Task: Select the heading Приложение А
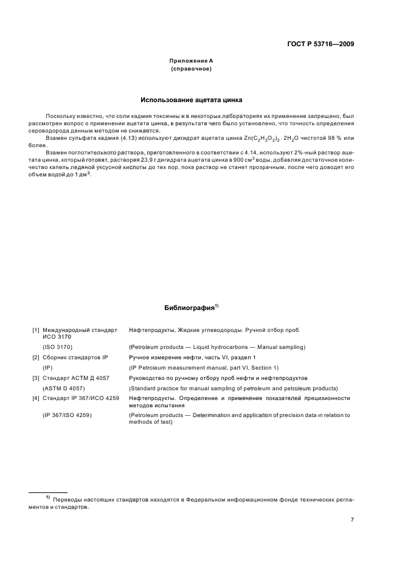click(x=191, y=61)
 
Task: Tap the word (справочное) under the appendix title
click(x=191, y=69)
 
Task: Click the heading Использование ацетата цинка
click(x=192, y=100)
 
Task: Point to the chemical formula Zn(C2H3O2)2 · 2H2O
click(x=277, y=139)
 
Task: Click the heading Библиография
click(x=190, y=308)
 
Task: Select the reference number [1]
click(x=36, y=330)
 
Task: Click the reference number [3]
click(x=36, y=378)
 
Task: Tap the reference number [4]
click(x=36, y=398)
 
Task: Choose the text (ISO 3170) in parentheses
click(x=57, y=347)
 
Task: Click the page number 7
click(x=352, y=520)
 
